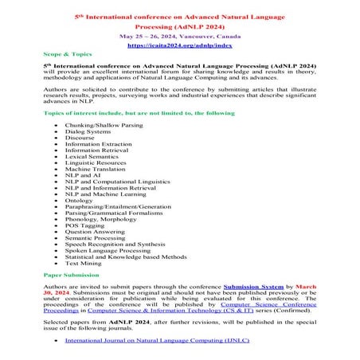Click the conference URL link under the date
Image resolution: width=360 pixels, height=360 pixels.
point(179,46)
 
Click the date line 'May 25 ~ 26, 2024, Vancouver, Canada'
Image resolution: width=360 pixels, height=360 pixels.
point(179,37)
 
